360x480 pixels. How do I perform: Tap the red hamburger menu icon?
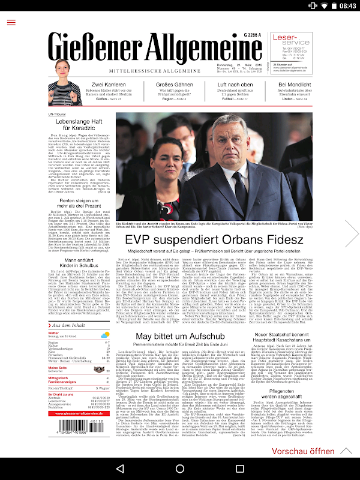click(x=11, y=22)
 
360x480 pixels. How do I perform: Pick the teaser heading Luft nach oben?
click(x=235, y=85)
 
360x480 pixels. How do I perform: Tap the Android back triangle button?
click(x=119, y=468)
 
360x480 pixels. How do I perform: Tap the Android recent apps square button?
click(x=240, y=468)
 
